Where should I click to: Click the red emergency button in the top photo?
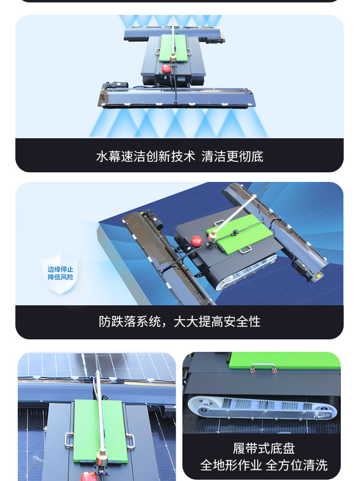click(x=166, y=69)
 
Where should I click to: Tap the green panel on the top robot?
click(x=173, y=48)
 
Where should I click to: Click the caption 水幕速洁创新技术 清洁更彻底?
click(x=180, y=156)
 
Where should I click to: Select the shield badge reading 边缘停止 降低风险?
click(x=60, y=273)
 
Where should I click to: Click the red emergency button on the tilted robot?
click(x=196, y=240)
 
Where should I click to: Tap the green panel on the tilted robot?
click(x=240, y=234)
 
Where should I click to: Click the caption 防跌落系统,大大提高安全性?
click(x=180, y=322)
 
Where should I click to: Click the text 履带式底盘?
click(x=264, y=448)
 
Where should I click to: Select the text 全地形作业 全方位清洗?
click(x=264, y=465)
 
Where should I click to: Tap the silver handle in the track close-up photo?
click(x=264, y=367)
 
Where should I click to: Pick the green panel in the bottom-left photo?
click(x=100, y=431)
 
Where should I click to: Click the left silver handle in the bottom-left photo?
click(x=69, y=440)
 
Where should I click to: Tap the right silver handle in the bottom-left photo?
click(x=131, y=441)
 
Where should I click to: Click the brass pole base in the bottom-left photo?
click(x=101, y=458)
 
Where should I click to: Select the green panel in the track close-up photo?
click(x=285, y=361)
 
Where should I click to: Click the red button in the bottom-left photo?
click(x=89, y=476)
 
